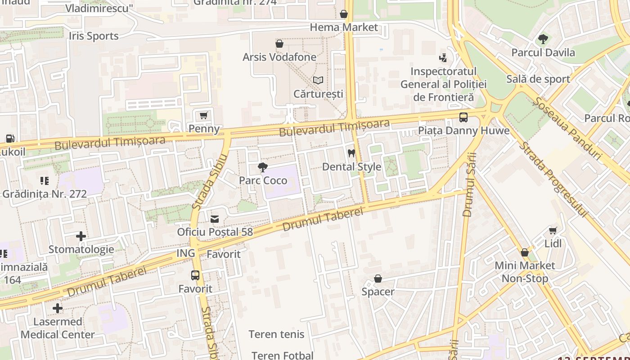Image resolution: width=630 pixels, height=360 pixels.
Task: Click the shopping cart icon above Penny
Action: pyautogui.click(x=204, y=116)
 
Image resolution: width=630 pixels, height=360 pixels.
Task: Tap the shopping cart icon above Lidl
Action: pyautogui.click(x=553, y=230)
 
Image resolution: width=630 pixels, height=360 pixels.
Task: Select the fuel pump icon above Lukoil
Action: pyautogui.click(x=10, y=139)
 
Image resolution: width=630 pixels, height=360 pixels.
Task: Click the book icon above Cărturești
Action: pyautogui.click(x=318, y=81)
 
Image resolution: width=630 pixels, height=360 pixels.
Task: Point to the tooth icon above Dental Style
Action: pyautogui.click(x=351, y=153)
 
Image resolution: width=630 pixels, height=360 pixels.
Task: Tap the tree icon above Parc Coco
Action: pyautogui.click(x=263, y=167)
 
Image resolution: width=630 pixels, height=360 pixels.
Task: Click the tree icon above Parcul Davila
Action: pyautogui.click(x=543, y=39)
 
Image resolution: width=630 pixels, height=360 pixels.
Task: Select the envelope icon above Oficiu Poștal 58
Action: pyautogui.click(x=215, y=219)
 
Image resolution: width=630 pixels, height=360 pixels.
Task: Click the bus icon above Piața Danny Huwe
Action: pyautogui.click(x=463, y=117)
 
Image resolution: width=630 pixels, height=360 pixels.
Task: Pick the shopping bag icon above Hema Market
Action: pyautogui.click(x=344, y=14)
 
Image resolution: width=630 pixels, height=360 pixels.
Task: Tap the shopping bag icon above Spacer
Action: pyautogui.click(x=378, y=279)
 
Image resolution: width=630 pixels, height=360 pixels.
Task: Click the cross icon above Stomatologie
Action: pyautogui.click(x=81, y=236)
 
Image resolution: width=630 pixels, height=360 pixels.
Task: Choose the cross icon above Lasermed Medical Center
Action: pyautogui.click(x=58, y=308)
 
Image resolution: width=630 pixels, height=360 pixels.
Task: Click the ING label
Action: pyautogui.click(x=186, y=253)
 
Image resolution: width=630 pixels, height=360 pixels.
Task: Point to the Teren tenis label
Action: pyautogui.click(x=276, y=334)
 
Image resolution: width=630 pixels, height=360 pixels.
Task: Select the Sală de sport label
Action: pyautogui.click(x=538, y=79)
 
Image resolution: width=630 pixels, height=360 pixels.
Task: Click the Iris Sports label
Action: pyautogui.click(x=94, y=36)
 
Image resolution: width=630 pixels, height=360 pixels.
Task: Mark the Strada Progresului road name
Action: pyautogui.click(x=553, y=180)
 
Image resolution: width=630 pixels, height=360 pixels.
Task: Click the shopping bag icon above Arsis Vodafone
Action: pyautogui.click(x=279, y=44)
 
